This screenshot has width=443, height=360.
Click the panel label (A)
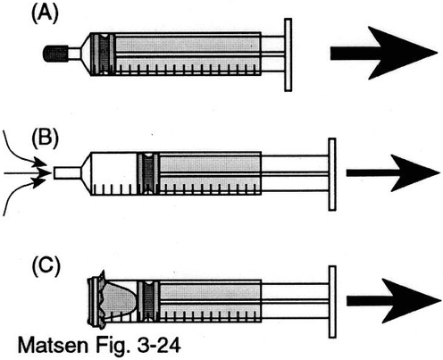[x=45, y=14]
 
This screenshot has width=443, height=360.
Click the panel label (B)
[x=46, y=139]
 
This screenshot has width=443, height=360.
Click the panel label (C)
[x=46, y=266]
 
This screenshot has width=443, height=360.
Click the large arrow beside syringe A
[x=383, y=53]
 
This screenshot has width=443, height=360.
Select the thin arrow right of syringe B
[x=393, y=173]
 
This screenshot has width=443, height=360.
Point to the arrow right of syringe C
[x=394, y=301]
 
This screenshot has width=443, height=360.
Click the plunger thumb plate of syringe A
[x=288, y=54]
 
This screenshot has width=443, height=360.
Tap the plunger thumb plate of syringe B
[x=332, y=174]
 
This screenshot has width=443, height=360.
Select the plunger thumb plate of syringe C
[x=332, y=302]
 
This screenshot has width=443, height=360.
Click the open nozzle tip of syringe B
[x=67, y=173]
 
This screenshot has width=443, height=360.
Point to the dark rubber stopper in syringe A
[x=103, y=54]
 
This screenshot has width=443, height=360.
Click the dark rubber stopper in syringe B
[x=148, y=173]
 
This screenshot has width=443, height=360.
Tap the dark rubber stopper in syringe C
[x=148, y=301]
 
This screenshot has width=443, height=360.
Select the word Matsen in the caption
[x=53, y=346]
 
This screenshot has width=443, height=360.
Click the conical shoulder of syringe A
[x=86, y=54]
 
